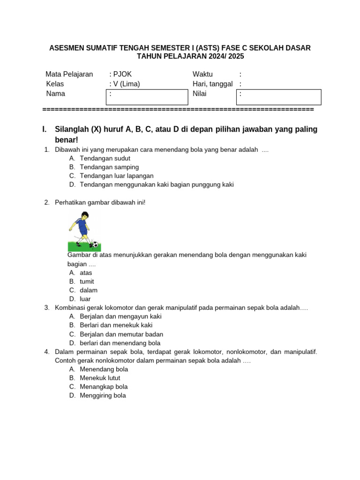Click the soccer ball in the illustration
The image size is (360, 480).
point(95,245)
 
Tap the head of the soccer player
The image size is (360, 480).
point(85,216)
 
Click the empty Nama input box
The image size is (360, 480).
point(147,97)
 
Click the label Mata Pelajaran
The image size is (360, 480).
point(69,74)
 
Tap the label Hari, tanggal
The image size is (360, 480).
point(212,84)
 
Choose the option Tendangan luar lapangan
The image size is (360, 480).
point(117,176)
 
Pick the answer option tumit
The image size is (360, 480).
point(87,281)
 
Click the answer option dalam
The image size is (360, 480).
point(89,290)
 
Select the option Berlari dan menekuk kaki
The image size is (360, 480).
point(116,325)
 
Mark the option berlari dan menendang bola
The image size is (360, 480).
point(120,343)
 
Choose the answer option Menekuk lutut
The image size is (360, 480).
point(100,378)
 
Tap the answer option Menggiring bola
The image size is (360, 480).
point(103,395)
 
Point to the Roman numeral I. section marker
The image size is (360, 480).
point(45,129)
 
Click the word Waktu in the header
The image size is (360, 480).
point(202,74)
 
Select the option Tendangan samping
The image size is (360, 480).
point(109,167)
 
